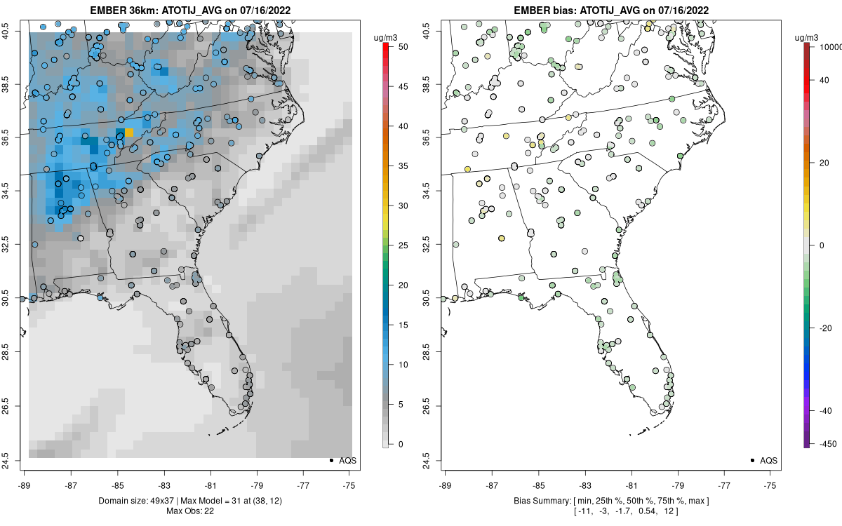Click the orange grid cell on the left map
[x=129, y=133]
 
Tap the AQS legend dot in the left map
[x=330, y=460]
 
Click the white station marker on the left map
[x=80, y=238]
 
